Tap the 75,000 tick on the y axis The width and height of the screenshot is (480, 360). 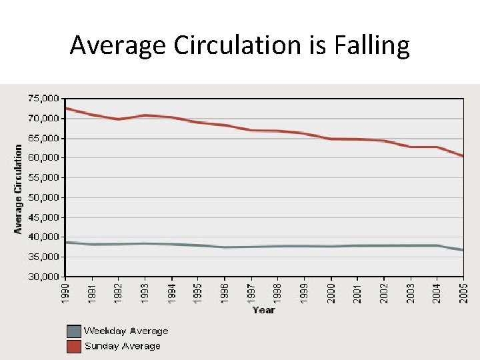click(43, 99)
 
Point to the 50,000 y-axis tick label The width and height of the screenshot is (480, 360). click(43, 197)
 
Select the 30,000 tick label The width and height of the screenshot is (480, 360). click(43, 277)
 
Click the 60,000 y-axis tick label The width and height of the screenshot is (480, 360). click(43, 158)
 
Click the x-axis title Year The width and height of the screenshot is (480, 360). click(264, 310)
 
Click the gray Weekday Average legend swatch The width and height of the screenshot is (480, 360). click(73, 331)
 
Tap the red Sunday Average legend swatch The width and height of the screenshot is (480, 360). click(73, 346)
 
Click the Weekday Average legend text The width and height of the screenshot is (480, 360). click(126, 331)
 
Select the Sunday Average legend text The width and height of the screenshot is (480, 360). click(123, 346)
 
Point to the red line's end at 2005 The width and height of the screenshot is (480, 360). click(463, 156)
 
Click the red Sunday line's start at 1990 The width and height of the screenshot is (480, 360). click(66, 108)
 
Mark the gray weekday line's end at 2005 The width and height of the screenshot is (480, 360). click(463, 250)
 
